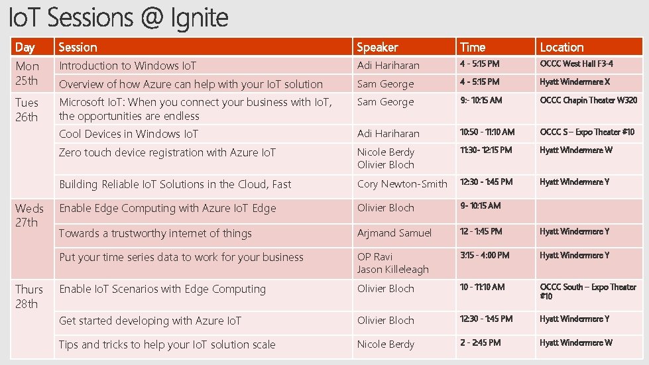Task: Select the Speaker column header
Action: (377, 47)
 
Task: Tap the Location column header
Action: (561, 47)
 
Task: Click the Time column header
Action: (473, 47)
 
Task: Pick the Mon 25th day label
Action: (27, 74)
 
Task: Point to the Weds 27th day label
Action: (29, 215)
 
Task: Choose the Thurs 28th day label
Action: (29, 297)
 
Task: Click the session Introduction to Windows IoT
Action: (127, 66)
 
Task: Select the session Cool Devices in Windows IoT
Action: (129, 134)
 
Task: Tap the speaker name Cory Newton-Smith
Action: (402, 184)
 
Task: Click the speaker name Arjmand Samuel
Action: (394, 233)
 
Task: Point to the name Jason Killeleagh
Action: (392, 270)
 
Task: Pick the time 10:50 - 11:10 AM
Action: (487, 132)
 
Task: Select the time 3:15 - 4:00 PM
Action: (485, 255)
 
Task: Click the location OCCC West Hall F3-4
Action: (576, 64)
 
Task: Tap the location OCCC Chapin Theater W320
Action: (588, 101)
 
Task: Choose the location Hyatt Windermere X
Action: (574, 82)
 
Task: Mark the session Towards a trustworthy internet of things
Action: (155, 233)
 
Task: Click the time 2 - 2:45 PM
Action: (480, 342)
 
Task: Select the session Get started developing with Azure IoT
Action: (150, 321)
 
